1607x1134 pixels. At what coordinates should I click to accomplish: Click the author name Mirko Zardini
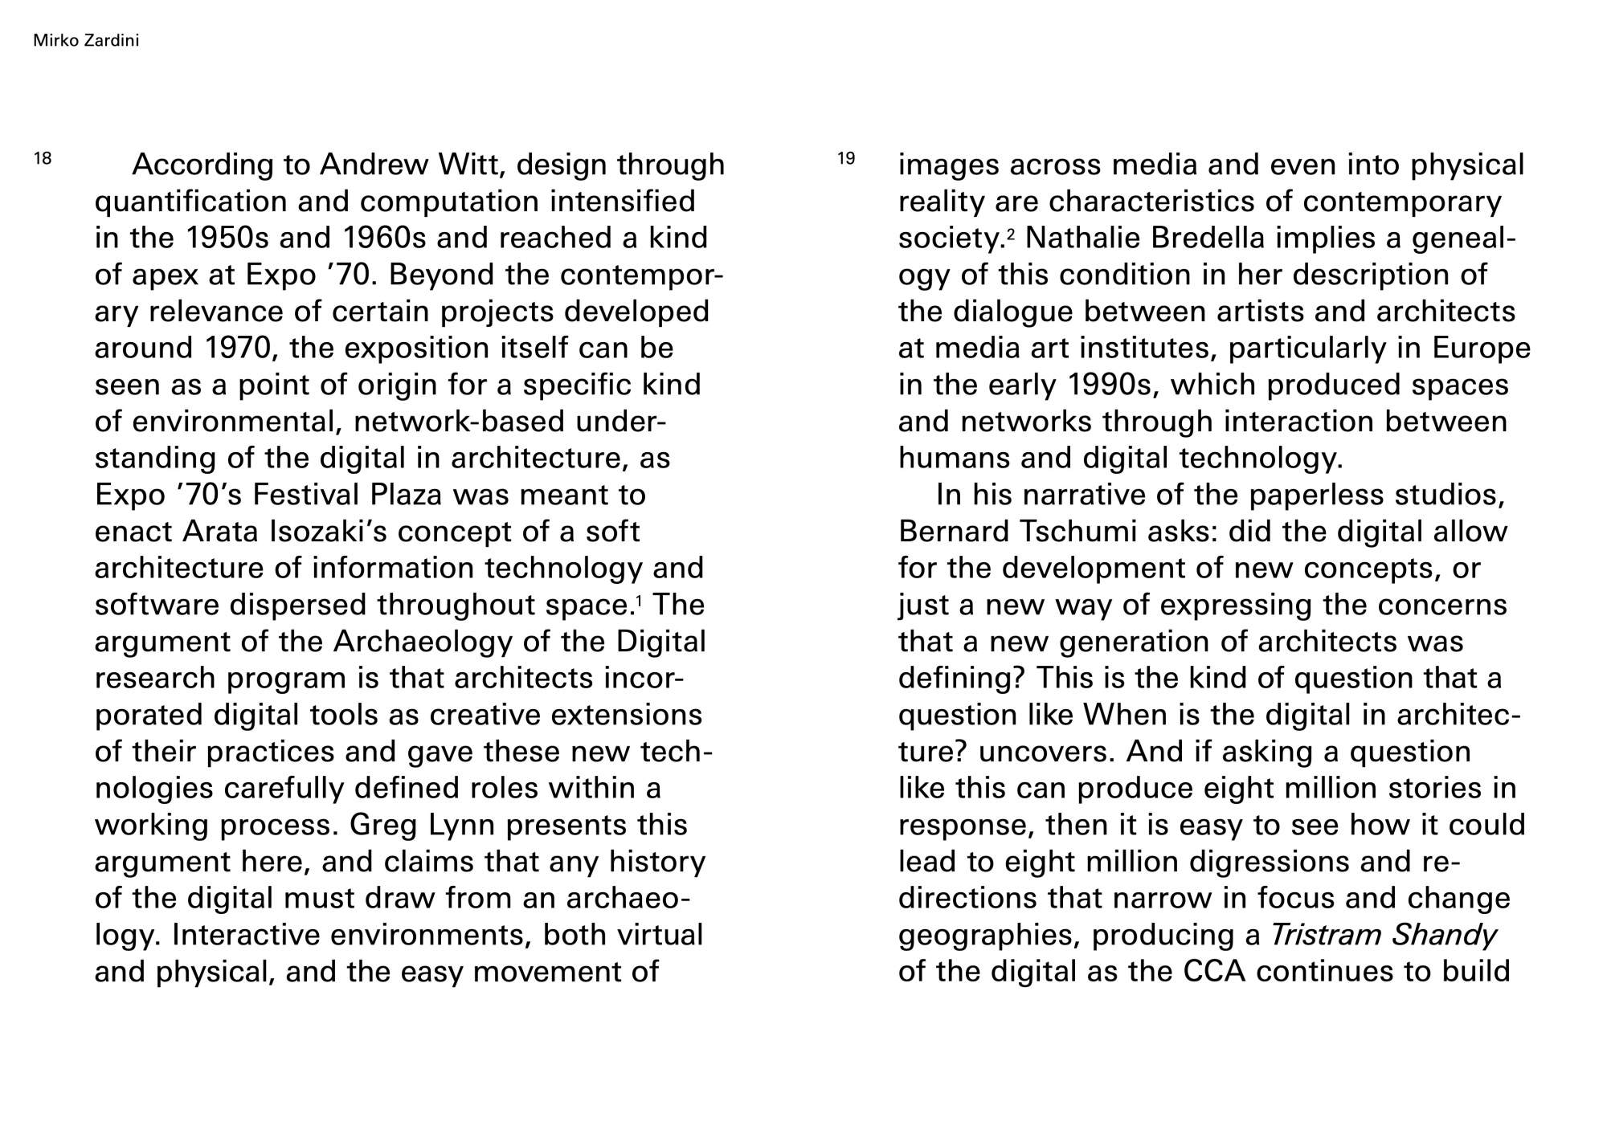pos(86,40)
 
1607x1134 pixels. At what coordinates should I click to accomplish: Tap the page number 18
pos(43,158)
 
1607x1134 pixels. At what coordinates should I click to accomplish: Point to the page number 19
pos(846,158)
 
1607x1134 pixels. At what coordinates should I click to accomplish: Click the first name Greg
pos(386,825)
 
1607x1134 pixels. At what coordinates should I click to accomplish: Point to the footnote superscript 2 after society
pos(1011,232)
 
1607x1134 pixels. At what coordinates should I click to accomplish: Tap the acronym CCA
pos(1214,972)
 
